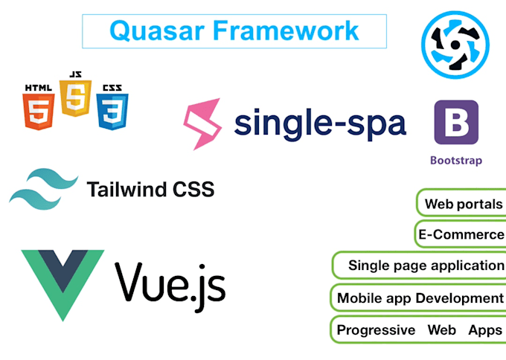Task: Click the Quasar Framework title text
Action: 234,30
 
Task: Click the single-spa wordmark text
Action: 320,123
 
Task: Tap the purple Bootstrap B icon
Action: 456,122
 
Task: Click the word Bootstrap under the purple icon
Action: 456,160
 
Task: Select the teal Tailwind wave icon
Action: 43,189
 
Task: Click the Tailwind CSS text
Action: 150,190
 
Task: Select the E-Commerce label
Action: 461,235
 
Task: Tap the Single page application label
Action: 426,266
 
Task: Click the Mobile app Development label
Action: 420,298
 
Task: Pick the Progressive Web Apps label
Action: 420,330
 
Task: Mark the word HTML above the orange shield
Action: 39,88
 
